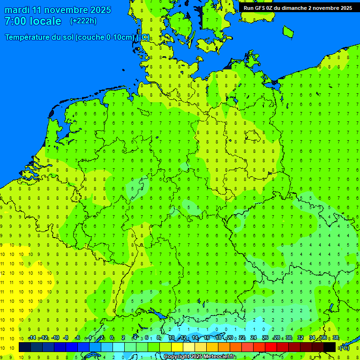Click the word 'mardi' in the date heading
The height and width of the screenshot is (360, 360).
pyautogui.click(x=17, y=10)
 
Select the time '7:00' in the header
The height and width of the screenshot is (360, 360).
pyautogui.click(x=15, y=21)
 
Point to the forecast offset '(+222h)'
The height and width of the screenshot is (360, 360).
pyautogui.click(x=83, y=21)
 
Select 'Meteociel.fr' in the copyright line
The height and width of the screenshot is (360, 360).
pyautogui.click(x=219, y=357)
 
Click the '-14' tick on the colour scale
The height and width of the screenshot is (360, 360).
pyautogui.click(x=32, y=338)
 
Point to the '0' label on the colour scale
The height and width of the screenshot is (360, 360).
pyautogui.click(x=112, y=338)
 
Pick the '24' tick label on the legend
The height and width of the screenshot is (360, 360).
pyautogui.click(x=254, y=338)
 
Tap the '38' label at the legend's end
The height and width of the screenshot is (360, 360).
pyautogui.click(x=336, y=338)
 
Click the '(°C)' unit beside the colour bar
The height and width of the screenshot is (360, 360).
pyautogui.click(x=345, y=347)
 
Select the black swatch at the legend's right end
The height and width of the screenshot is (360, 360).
pyautogui.click(x=330, y=347)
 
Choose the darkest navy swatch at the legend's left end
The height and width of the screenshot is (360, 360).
pyautogui.click(x=25, y=347)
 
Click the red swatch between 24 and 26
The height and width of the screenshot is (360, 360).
pyautogui.click(x=259, y=347)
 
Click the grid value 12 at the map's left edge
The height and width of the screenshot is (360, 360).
pyautogui.click(x=3, y=273)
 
